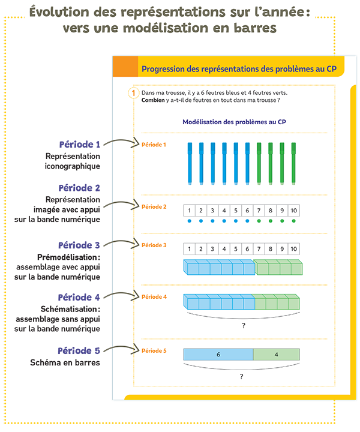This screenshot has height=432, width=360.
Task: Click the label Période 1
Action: pos(153,145)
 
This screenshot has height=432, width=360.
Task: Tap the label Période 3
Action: pos(153,245)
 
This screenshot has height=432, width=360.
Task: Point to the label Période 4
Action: pos(153,297)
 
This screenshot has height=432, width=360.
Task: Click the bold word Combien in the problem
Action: pos(154,100)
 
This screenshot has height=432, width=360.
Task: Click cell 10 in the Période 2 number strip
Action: pos(293,211)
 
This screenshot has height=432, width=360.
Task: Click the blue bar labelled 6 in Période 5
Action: pos(218,355)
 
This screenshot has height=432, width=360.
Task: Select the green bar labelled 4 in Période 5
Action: pos(275,355)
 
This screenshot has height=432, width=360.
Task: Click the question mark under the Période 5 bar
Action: pos(242,377)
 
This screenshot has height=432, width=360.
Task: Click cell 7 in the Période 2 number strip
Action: pos(259,211)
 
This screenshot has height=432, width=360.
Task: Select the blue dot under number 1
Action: pos(190,221)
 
